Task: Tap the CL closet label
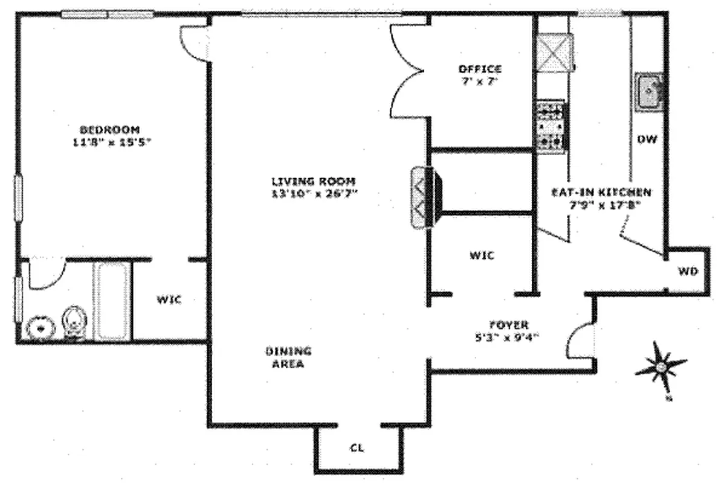click(x=357, y=449)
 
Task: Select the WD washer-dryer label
click(x=687, y=272)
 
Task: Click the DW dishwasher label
click(x=647, y=139)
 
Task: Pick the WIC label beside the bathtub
click(x=169, y=299)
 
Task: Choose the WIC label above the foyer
click(x=482, y=255)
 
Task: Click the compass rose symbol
click(x=661, y=366)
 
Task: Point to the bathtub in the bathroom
click(x=111, y=301)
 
